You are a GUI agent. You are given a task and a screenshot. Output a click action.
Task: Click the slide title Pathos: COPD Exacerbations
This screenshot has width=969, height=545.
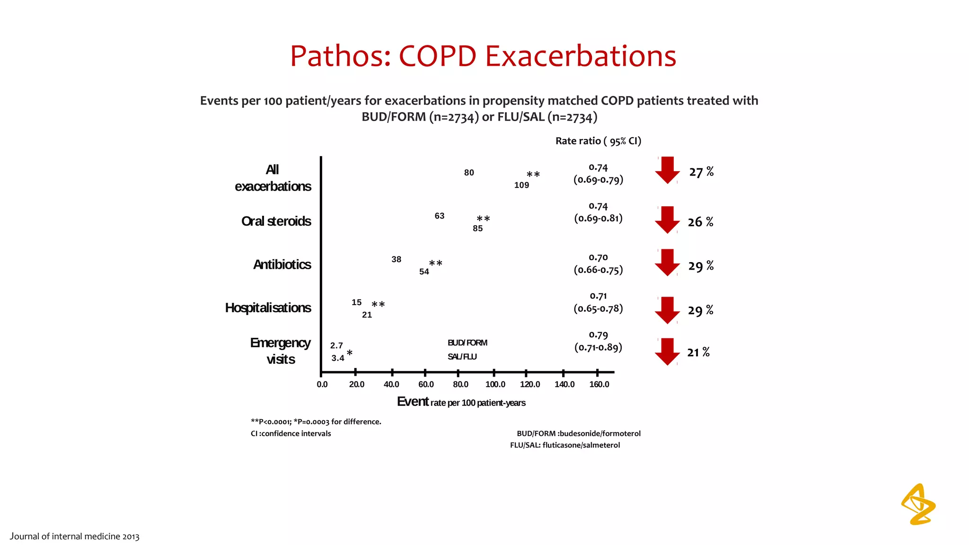click(483, 56)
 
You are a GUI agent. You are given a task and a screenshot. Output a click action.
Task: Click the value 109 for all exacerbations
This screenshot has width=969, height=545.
click(521, 185)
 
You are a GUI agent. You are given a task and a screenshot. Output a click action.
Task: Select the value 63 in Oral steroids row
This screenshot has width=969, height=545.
click(439, 216)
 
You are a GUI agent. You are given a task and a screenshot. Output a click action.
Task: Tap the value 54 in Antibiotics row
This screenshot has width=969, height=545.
click(424, 272)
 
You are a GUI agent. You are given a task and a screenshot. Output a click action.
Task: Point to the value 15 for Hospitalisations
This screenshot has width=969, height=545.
click(356, 302)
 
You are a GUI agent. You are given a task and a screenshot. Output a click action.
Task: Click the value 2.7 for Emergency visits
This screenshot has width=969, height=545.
click(336, 346)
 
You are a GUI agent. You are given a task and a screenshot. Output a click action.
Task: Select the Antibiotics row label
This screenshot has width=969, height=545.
click(282, 264)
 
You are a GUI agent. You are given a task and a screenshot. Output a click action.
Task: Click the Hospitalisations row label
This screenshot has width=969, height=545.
click(268, 308)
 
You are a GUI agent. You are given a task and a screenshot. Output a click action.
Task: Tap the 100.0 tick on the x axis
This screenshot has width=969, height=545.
click(495, 384)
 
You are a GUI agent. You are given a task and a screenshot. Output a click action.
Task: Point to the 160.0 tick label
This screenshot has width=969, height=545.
click(599, 384)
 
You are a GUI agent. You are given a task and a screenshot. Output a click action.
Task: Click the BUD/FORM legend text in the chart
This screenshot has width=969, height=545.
click(467, 343)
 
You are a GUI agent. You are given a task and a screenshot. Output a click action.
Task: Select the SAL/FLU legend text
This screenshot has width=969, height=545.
click(462, 357)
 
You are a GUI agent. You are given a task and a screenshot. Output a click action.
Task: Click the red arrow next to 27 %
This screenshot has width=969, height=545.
click(667, 170)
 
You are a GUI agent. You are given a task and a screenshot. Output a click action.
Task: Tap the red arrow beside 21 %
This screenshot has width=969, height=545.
click(667, 352)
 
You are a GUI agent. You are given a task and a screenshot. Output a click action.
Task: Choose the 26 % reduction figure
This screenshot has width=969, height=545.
click(700, 222)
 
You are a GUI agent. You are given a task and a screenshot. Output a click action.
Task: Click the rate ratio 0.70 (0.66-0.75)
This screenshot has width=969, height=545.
click(598, 264)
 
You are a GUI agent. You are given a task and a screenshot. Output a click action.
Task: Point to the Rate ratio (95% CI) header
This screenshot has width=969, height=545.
click(598, 141)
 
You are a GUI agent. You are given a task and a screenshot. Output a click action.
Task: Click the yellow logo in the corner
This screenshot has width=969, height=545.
click(918, 504)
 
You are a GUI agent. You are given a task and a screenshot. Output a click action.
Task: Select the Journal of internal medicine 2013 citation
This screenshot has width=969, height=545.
click(75, 536)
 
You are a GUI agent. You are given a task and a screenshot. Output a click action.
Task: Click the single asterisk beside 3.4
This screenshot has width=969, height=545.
click(349, 353)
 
